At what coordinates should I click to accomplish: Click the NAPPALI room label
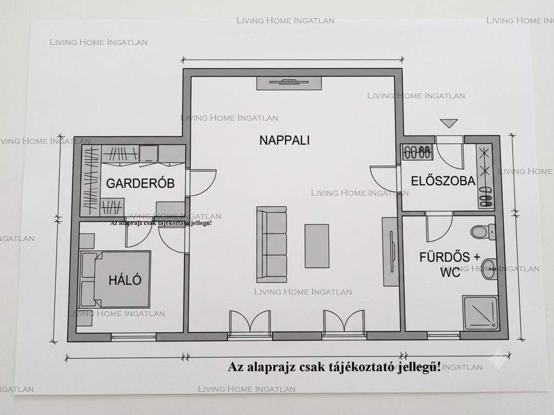point(285,140)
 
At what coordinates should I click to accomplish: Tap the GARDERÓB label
point(140,183)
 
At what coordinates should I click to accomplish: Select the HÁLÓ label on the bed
point(125,280)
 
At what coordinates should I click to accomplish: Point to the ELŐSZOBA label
point(443,180)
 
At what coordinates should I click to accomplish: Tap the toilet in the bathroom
point(483,232)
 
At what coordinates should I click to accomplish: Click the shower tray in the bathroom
point(480,313)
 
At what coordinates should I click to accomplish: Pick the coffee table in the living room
point(317,246)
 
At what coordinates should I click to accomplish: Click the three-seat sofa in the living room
point(272,245)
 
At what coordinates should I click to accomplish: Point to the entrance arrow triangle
point(449,123)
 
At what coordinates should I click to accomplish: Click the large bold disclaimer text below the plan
point(334,367)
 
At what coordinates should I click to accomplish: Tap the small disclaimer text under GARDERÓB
point(161,223)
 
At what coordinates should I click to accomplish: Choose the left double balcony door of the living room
point(250,322)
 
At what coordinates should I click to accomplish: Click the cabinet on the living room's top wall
point(289,83)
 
